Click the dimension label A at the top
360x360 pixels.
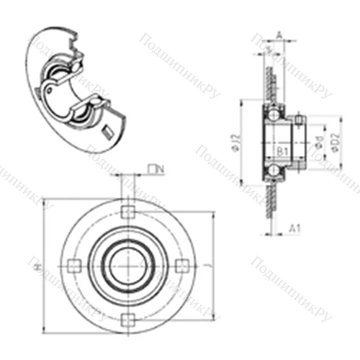pos(279,34)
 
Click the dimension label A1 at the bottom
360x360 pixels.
pos(294,229)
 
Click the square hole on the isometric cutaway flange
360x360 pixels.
pos(109,130)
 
